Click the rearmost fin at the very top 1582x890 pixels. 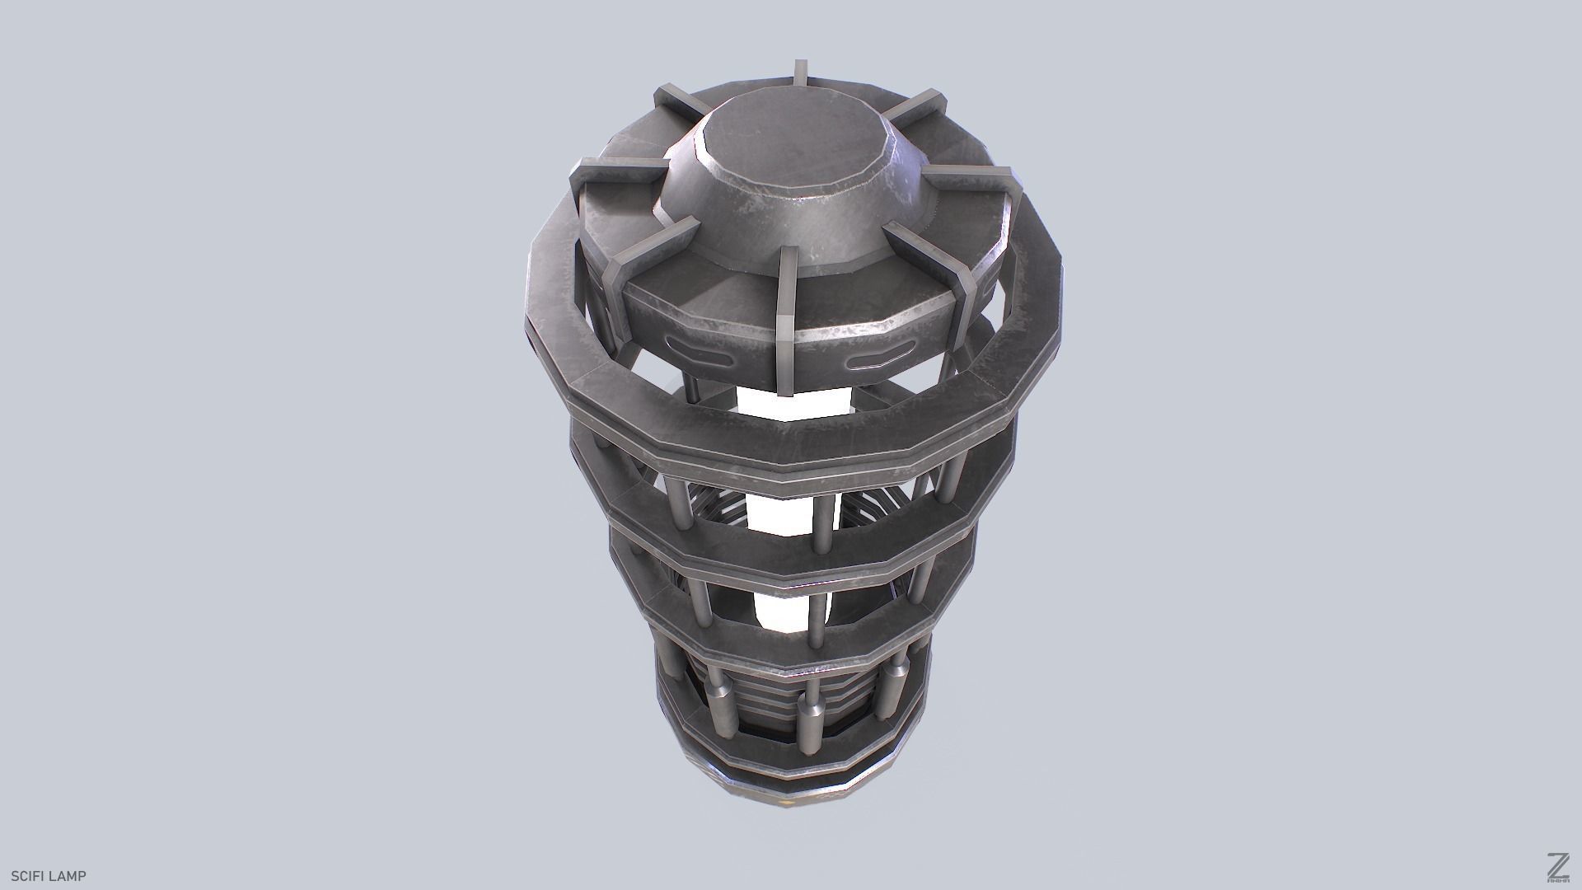tap(798, 74)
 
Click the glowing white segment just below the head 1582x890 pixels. tap(791, 402)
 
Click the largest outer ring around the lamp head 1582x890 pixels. tap(791, 437)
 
